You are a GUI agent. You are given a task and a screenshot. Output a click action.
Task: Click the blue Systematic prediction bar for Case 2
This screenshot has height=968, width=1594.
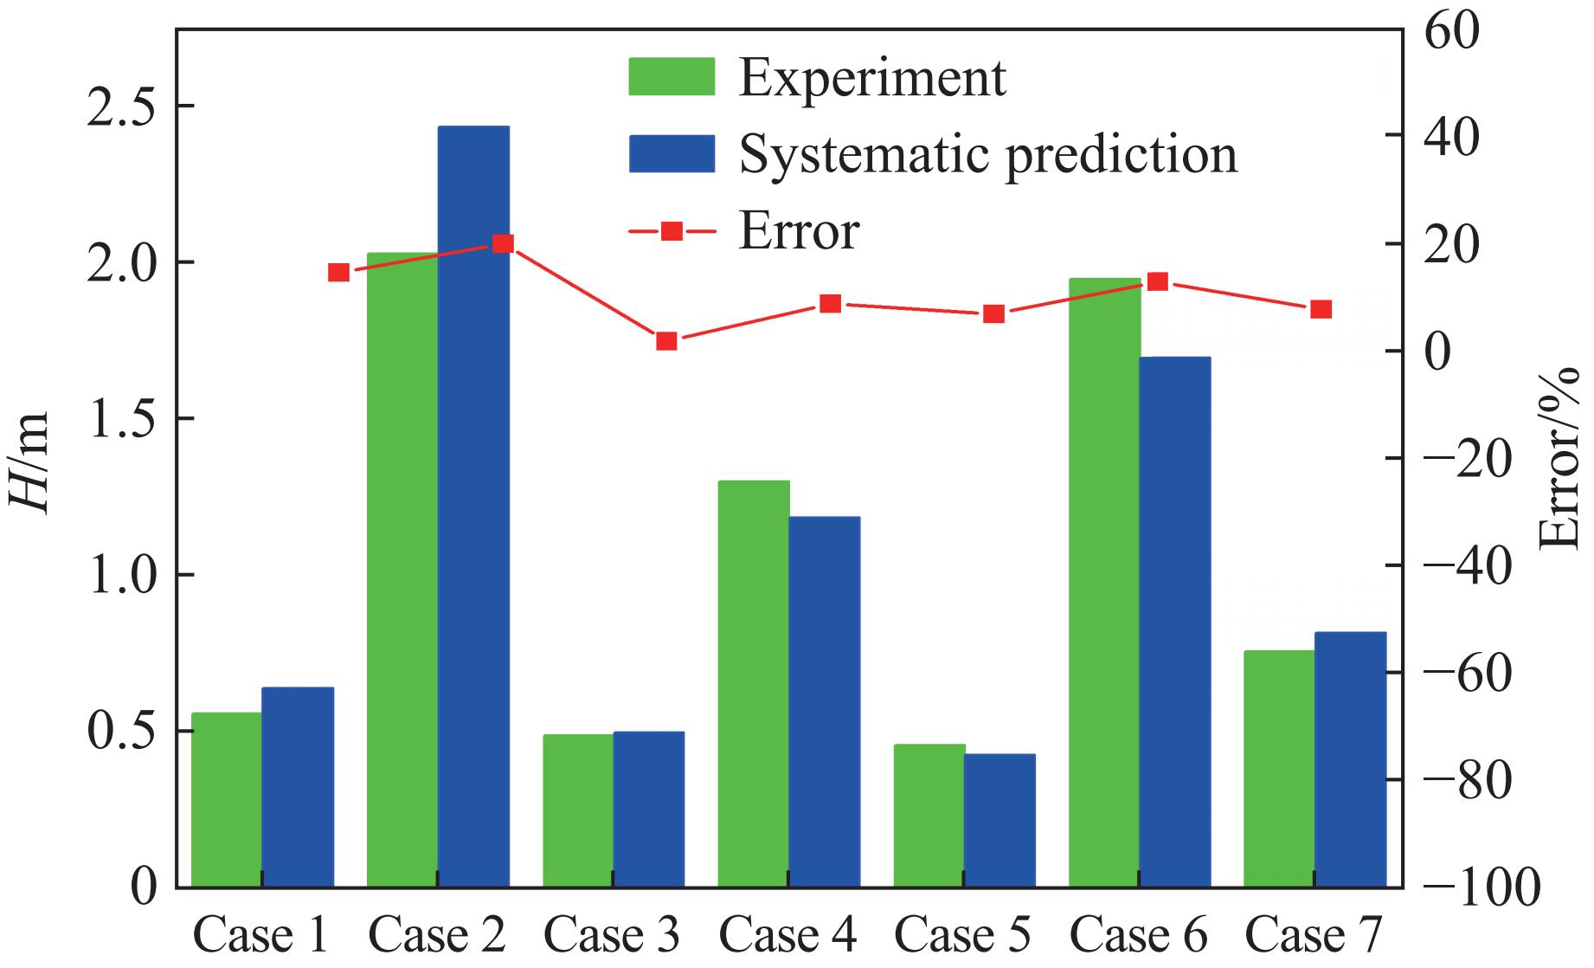(x=473, y=507)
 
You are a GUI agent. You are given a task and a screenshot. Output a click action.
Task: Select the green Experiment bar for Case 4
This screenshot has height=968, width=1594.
(x=754, y=684)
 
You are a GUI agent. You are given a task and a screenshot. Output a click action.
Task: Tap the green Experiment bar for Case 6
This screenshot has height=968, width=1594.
(x=1104, y=583)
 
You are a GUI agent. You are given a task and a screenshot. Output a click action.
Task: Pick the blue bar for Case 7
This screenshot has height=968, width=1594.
(x=1350, y=759)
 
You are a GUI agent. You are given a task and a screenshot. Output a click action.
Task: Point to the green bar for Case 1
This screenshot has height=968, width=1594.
(x=227, y=799)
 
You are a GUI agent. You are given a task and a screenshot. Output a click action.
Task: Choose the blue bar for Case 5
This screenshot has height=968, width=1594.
(x=999, y=820)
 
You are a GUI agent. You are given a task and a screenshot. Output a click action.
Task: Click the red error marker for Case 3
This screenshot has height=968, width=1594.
(x=666, y=341)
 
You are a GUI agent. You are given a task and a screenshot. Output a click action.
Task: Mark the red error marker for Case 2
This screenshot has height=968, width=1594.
(x=503, y=243)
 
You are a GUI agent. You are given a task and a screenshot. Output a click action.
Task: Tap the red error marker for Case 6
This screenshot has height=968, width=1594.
(x=1158, y=281)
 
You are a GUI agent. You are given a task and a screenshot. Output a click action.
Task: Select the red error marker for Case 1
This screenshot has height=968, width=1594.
(x=339, y=273)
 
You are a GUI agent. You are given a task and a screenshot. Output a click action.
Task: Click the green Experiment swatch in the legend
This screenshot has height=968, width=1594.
(x=672, y=77)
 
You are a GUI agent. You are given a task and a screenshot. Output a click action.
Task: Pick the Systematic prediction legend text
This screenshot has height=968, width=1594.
(x=987, y=155)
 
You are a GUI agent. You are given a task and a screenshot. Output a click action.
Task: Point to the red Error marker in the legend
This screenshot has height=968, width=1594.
(x=672, y=231)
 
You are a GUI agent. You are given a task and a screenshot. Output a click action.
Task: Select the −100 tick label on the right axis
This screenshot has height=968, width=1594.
(x=1482, y=888)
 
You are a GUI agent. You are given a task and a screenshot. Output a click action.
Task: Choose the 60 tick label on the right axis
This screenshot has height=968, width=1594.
(x=1452, y=31)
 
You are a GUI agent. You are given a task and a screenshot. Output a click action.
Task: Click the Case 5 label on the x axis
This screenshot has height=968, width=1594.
(x=962, y=936)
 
